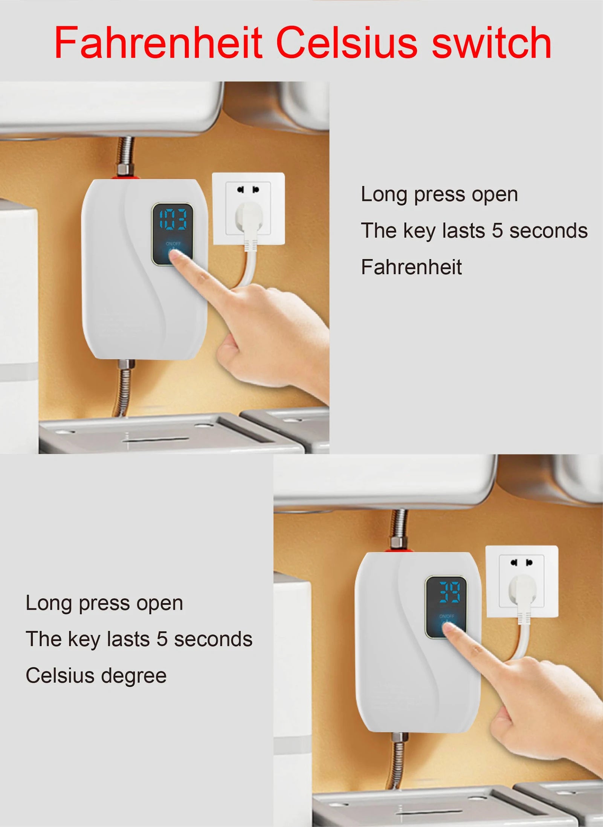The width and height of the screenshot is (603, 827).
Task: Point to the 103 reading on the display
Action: (173, 219)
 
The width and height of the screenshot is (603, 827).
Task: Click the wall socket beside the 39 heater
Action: (522, 581)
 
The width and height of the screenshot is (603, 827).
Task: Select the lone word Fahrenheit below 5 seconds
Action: (411, 267)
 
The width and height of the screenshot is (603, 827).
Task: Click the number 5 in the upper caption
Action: (497, 231)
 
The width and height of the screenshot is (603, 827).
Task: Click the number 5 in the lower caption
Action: (162, 639)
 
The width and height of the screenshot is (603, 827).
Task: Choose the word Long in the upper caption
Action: (384, 194)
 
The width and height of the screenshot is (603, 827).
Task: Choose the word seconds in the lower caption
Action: (213, 639)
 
